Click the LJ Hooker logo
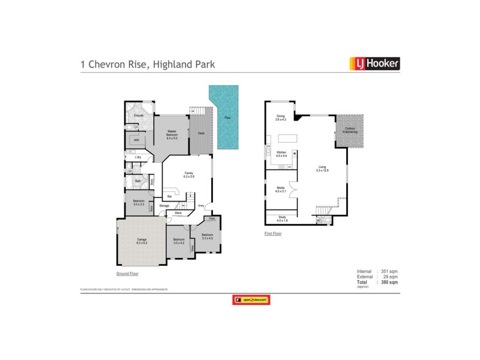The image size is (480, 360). tap(374, 64)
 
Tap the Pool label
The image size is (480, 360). tap(226, 118)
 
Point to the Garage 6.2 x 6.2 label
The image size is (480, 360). tap(142, 241)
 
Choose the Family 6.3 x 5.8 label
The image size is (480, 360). tap(189, 175)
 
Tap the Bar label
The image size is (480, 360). tap(169, 196)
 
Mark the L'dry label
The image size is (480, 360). tap(129, 157)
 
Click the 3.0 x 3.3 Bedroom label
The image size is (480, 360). tap(138, 203)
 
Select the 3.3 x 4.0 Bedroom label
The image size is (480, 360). tap(207, 236)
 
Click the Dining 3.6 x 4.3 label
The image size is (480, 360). tap(280, 118)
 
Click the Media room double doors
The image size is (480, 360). tap(290, 186)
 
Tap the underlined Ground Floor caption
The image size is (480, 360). tap(127, 274)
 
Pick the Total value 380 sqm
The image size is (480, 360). tap(389, 282)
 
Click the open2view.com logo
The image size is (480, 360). tap(251, 300)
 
